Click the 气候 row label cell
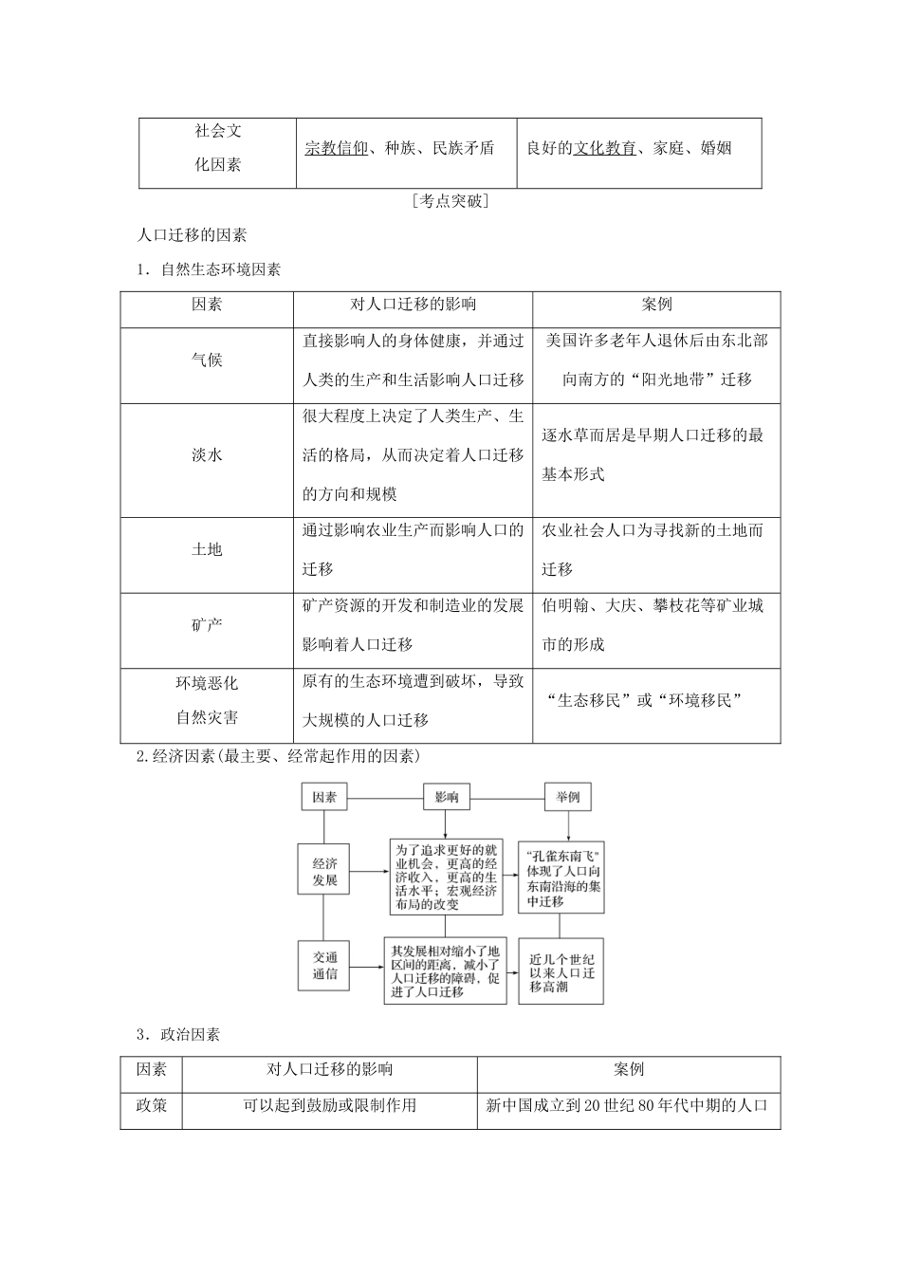[207, 360]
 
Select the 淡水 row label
[207, 455]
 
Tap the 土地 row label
[207, 550]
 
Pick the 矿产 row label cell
[207, 625]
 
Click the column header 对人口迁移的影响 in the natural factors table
[413, 305]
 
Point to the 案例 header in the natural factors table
[656, 305]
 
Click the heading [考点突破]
[450, 201]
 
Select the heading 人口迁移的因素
[193, 235]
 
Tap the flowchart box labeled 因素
[324, 797]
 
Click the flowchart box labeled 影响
[447, 797]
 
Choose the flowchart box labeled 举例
[568, 797]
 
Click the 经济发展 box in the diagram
[324, 871]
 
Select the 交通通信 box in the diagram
[324, 966]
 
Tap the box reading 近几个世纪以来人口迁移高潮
[562, 972]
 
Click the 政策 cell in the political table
[151, 1105]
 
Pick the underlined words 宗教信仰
[336, 148]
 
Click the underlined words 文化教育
[604, 148]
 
